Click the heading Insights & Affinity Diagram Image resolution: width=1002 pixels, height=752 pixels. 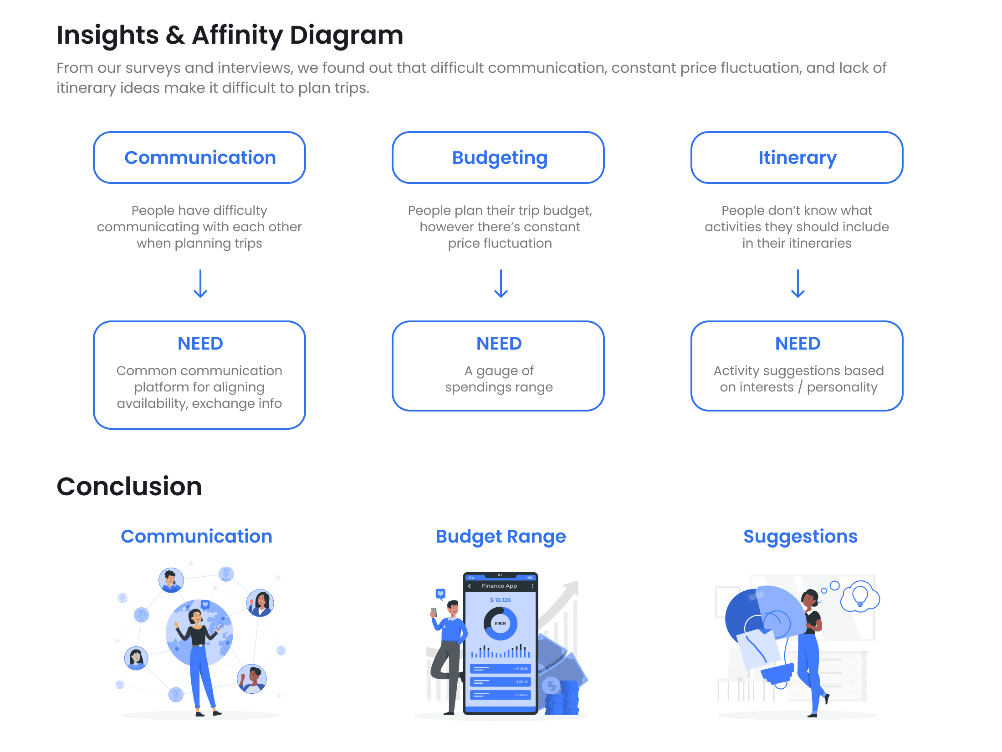point(230,36)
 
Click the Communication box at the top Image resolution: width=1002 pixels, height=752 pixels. point(199,158)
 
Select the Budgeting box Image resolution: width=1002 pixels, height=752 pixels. point(498,158)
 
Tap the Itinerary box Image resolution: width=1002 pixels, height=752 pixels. point(797,158)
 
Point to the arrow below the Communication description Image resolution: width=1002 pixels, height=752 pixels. point(200,284)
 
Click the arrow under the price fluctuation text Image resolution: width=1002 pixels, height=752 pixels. point(501,284)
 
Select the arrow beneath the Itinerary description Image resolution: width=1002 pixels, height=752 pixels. point(798,284)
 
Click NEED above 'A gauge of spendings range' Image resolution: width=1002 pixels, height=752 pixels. point(499,343)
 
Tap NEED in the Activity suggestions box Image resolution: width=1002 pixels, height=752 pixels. point(798,343)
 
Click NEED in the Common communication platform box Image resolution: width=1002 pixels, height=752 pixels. point(200,343)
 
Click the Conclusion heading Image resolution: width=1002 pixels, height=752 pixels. point(129,486)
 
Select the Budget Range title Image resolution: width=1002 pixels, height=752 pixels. point(501,536)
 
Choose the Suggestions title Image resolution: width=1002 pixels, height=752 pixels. point(800,536)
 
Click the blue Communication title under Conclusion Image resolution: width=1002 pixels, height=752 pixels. point(196,536)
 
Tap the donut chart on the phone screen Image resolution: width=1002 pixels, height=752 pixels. point(501,623)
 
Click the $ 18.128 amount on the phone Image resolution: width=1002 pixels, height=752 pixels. point(500,600)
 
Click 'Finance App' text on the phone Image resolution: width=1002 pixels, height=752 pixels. point(499,586)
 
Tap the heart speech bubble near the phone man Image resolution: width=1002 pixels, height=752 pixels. point(440,594)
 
